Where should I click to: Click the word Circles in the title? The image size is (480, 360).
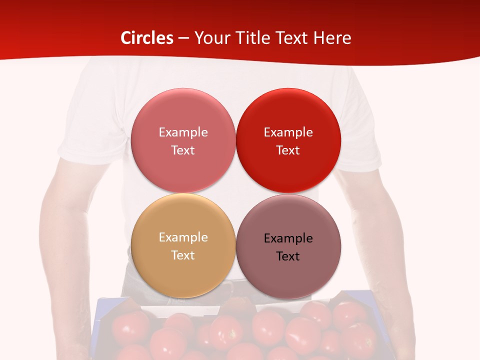[x=146, y=38]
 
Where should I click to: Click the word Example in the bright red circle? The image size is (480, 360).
[x=288, y=132]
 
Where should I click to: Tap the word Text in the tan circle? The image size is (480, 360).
[x=183, y=255]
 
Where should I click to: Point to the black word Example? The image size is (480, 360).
[x=288, y=238]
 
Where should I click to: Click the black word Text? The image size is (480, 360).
[x=288, y=256]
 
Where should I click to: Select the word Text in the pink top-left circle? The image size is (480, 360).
[x=183, y=150]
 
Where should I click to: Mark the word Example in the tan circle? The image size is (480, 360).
[x=183, y=237]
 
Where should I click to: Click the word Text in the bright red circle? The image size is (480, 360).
[x=288, y=150]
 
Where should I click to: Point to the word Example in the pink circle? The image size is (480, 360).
[x=183, y=132]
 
